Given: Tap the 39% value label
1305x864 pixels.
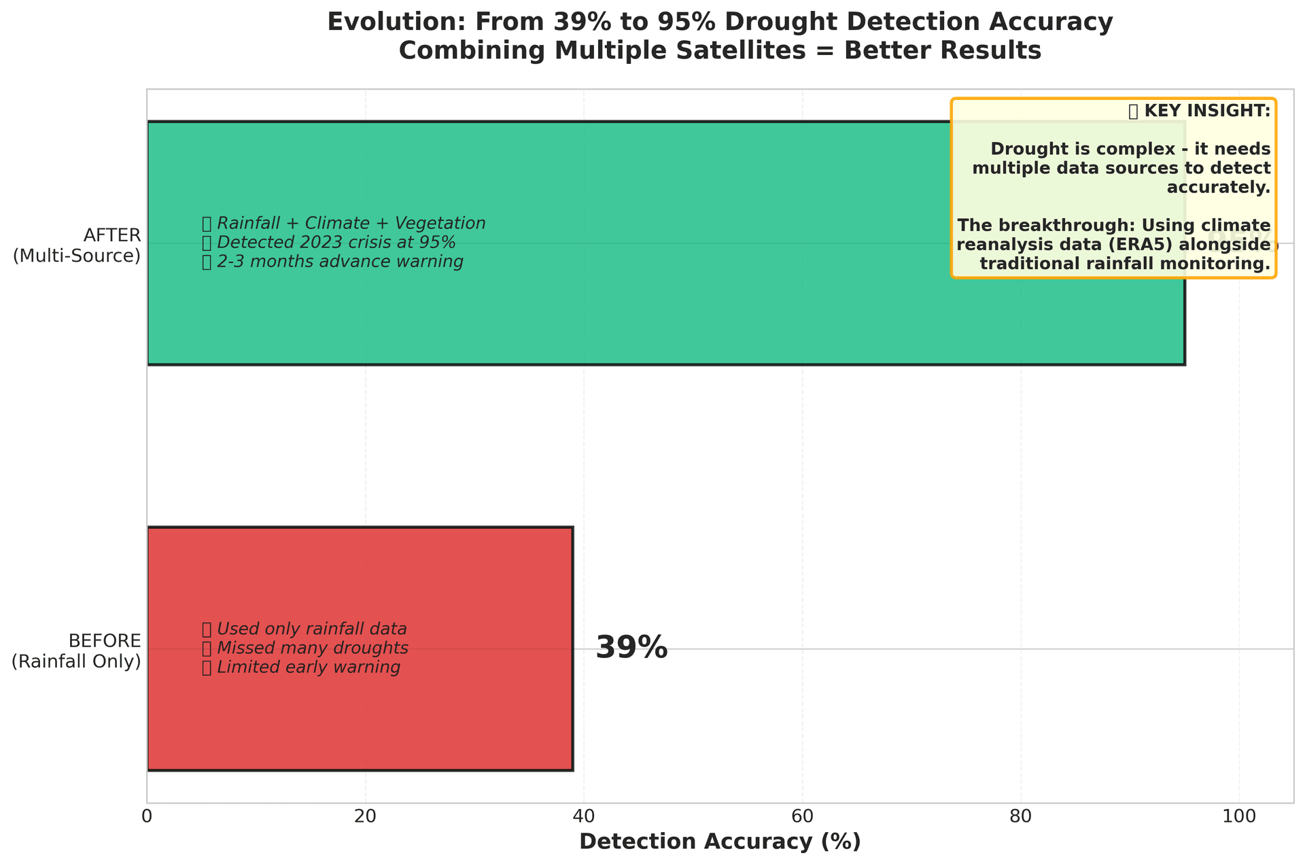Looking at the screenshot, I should [x=631, y=648].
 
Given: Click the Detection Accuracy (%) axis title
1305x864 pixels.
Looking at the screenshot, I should [x=720, y=842].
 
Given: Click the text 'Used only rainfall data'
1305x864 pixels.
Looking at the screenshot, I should [x=311, y=628].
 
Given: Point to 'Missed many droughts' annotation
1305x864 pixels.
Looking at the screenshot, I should [x=312, y=648].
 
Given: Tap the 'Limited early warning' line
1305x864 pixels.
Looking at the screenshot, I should [x=308, y=668].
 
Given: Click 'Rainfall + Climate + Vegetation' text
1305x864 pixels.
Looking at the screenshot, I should [x=351, y=223].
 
